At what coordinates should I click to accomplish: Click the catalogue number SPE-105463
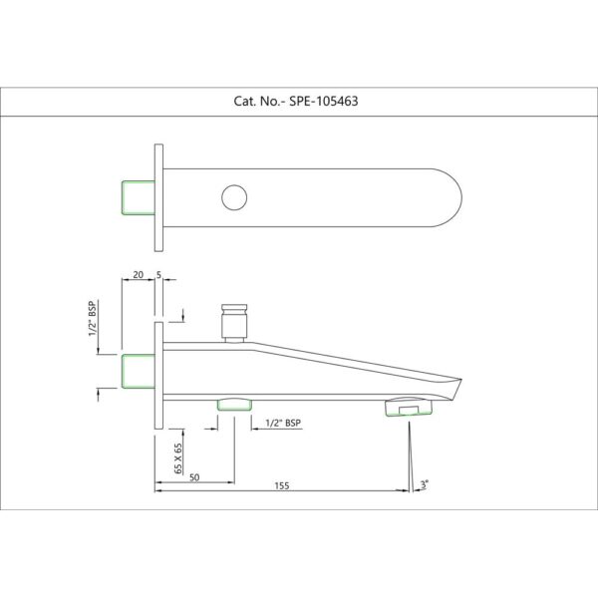point(323,101)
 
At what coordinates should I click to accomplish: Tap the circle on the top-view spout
point(234,197)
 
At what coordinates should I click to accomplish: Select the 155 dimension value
point(282,485)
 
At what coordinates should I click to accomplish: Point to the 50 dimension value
point(194,477)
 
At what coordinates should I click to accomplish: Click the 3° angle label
point(425,484)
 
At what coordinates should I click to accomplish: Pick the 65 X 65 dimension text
point(178,458)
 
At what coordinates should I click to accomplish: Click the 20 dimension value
point(139,275)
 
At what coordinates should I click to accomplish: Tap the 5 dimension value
point(158,275)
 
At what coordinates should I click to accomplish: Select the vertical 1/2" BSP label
point(93,319)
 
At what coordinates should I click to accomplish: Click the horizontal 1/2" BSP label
point(283,423)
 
